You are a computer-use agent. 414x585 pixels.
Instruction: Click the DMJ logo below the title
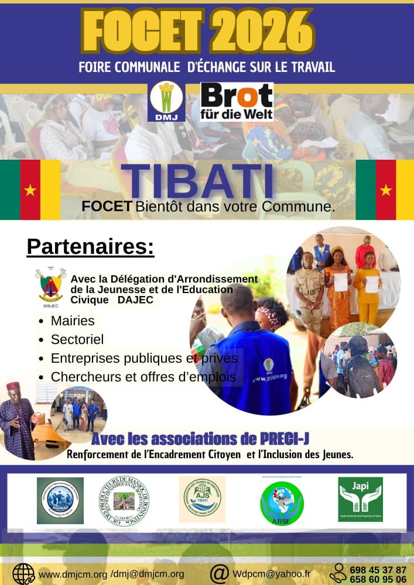click(x=167, y=101)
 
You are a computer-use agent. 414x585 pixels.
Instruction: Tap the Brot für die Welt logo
click(x=237, y=101)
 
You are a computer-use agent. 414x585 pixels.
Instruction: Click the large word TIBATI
click(x=199, y=181)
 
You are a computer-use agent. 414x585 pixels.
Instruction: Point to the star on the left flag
click(x=30, y=190)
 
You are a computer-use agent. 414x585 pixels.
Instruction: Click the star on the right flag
click(x=385, y=190)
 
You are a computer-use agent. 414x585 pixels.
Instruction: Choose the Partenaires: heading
click(x=90, y=247)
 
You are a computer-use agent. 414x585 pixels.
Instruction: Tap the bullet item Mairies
click(x=73, y=321)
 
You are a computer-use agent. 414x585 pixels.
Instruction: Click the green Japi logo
click(x=360, y=499)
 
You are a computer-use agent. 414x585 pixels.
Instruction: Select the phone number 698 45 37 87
click(x=378, y=569)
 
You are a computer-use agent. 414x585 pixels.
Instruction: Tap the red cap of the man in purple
click(x=13, y=386)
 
